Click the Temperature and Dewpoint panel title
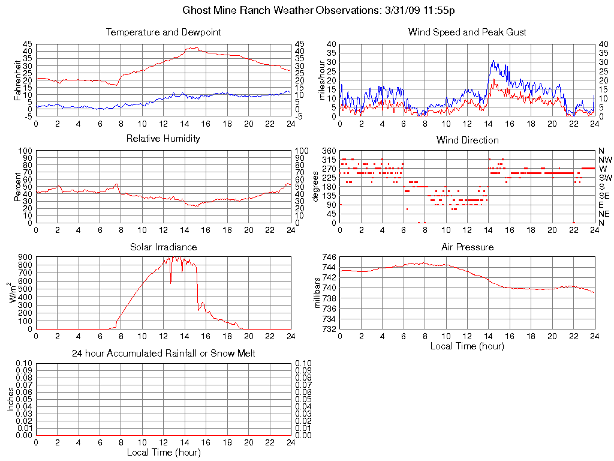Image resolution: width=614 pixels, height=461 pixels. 163,32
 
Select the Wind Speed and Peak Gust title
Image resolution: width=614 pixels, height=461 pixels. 467,32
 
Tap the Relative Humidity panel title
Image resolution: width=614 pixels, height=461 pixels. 163,139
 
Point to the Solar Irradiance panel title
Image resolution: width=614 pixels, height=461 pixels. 163,247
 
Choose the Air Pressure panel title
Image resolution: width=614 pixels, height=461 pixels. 467,247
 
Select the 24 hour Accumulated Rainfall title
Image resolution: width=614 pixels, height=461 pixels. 163,354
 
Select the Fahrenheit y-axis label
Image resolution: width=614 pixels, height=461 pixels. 14,80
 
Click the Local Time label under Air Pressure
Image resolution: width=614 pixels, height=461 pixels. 467,346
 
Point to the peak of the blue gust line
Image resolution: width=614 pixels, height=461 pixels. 493,61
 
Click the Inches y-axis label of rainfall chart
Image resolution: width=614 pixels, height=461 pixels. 11,399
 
